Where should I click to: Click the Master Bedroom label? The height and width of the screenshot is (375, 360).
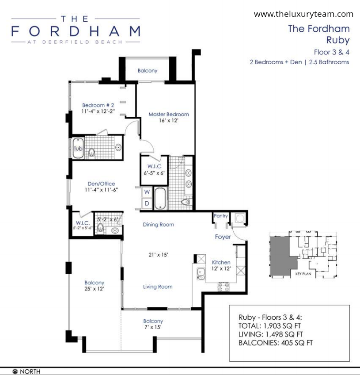click(x=169, y=115)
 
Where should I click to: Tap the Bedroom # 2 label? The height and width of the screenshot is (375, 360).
click(x=98, y=105)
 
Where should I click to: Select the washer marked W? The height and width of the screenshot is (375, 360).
click(x=147, y=191)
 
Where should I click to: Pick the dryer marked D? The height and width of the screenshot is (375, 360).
click(x=147, y=203)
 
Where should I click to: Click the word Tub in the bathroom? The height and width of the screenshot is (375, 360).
click(x=78, y=149)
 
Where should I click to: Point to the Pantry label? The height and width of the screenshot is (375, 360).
click(x=221, y=216)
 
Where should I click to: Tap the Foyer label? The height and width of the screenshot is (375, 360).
click(x=223, y=237)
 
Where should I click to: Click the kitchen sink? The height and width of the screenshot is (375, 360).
click(x=201, y=274)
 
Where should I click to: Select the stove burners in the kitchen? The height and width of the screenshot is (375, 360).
click(x=224, y=287)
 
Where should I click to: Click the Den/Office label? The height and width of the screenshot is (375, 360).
click(x=101, y=184)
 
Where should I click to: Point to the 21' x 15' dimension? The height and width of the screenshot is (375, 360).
click(x=158, y=255)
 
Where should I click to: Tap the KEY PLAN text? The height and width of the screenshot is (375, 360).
click(x=303, y=274)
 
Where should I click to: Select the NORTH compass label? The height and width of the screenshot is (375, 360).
click(x=30, y=371)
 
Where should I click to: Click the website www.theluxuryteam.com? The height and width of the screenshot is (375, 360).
click(x=303, y=14)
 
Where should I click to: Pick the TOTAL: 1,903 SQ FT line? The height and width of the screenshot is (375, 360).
click(x=269, y=326)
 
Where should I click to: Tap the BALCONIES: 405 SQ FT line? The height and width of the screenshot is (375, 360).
click(x=276, y=343)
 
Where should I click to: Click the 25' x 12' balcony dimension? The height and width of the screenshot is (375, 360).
click(x=94, y=289)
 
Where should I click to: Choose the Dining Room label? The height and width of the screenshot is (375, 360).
click(x=159, y=225)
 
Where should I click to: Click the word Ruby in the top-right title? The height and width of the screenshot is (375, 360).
click(x=338, y=40)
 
